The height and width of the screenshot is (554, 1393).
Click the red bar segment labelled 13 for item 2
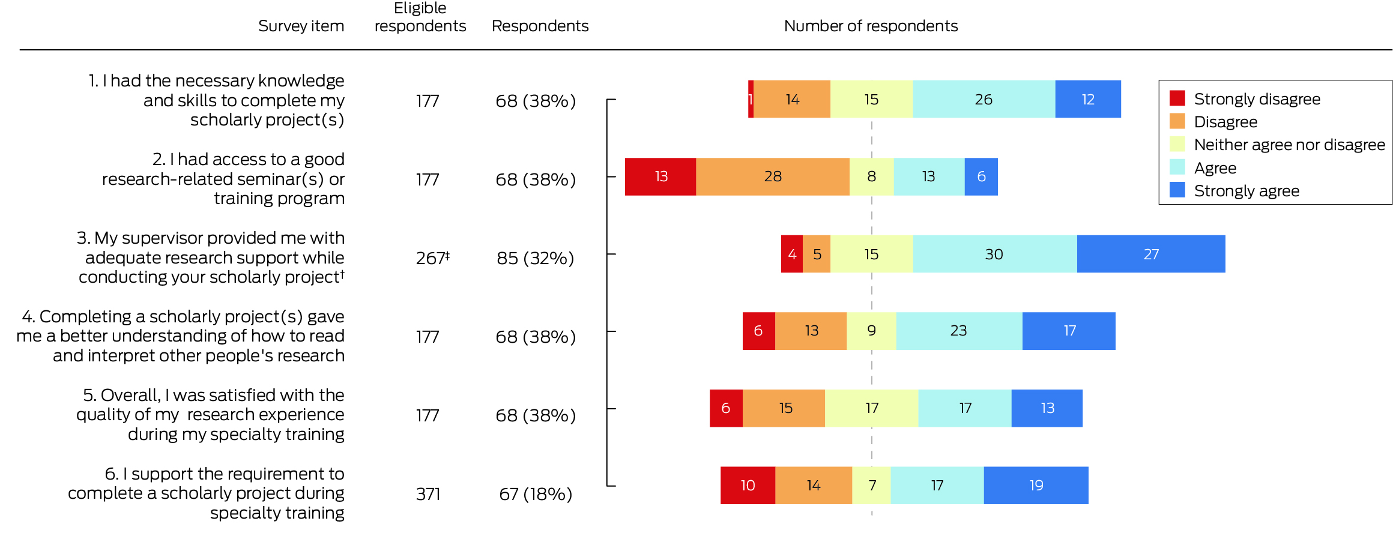pos(660,176)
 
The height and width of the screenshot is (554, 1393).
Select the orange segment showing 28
pos(773,176)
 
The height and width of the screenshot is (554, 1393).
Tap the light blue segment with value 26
pos(984,99)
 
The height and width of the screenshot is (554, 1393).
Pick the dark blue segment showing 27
pos(1151,254)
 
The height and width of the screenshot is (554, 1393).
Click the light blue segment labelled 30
pos(994,254)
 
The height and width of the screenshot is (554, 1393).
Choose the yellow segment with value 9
pos(871,331)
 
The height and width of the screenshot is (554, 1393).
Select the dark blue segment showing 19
pos(1036,485)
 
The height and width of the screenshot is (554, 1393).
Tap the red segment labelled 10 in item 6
pos(748,485)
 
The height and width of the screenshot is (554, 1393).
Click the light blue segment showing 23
pos(959,331)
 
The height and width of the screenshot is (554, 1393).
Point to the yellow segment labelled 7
pos(871,485)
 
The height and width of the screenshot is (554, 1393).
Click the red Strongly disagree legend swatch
pos(1177,98)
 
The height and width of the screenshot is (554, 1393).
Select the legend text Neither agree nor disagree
pos(1289,145)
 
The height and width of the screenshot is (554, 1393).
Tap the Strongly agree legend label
pos(1246,191)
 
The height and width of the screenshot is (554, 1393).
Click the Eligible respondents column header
pos(420,17)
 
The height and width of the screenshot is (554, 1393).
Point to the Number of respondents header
pos(871,26)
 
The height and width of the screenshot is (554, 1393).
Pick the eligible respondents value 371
pos(428,494)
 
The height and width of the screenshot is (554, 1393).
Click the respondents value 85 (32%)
pos(535,258)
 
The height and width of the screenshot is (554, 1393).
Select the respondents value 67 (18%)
pos(535,494)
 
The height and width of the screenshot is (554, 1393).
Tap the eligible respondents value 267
pos(430,258)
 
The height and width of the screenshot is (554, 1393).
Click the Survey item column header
pos(301,26)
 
